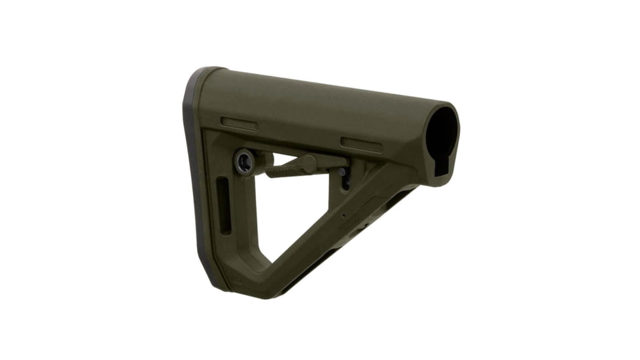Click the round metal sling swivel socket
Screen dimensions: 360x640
[x=245, y=160]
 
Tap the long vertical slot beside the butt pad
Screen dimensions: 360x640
[x=225, y=206]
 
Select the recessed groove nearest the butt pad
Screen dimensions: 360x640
[x=239, y=123]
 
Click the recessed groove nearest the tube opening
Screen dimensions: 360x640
[x=361, y=145]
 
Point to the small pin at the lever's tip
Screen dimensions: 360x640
[x=342, y=171]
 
